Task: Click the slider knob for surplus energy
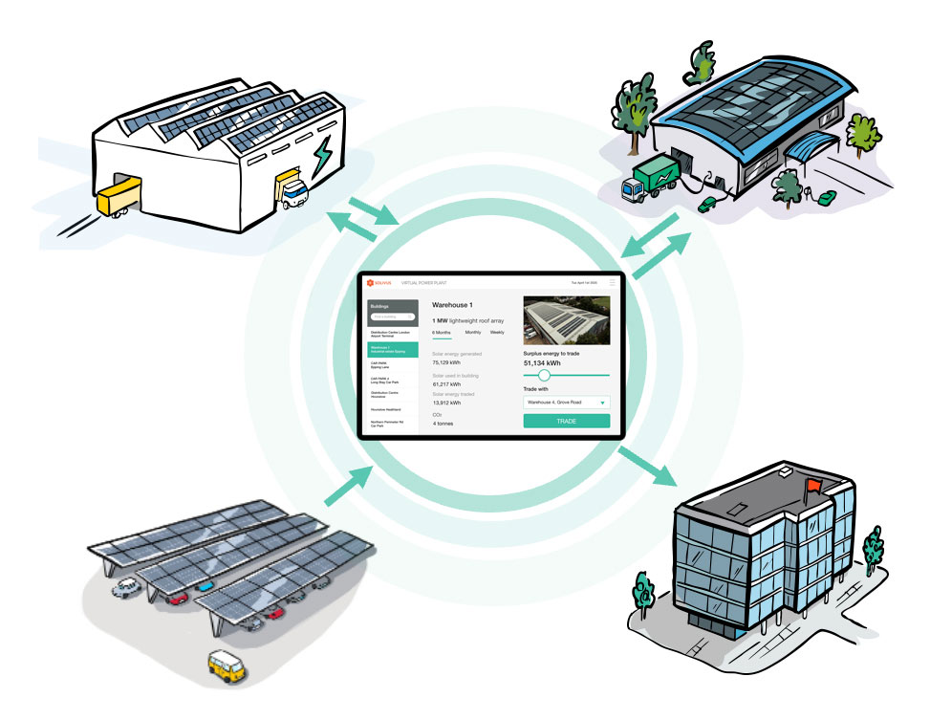pyautogui.click(x=544, y=376)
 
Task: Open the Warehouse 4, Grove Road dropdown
pyautogui.click(x=566, y=403)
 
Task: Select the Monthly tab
pyautogui.click(x=473, y=332)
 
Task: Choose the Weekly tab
pyautogui.click(x=497, y=332)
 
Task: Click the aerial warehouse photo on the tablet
pyautogui.click(x=566, y=319)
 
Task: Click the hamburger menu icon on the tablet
pyautogui.click(x=612, y=283)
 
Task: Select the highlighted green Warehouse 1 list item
pyautogui.click(x=392, y=351)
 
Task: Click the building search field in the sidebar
pyautogui.click(x=392, y=316)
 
